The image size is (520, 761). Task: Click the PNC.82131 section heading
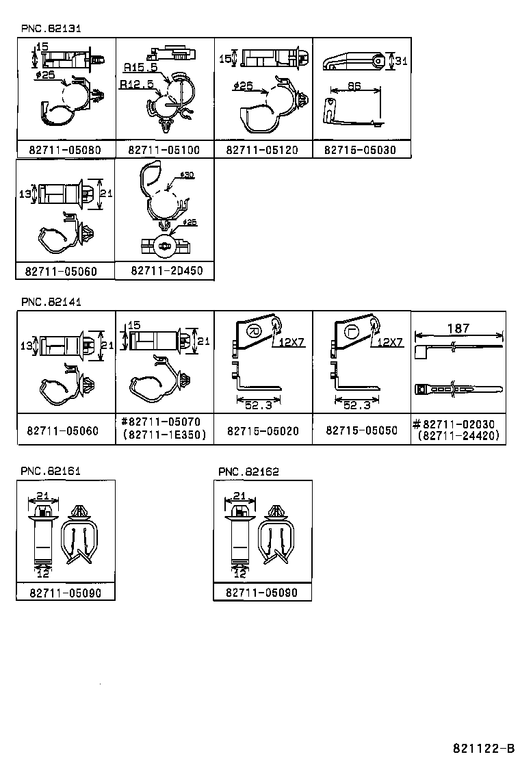point(51,28)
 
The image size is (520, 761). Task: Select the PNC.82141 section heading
point(51,301)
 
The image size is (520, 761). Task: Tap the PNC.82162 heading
point(248,472)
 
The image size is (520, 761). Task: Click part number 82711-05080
point(66,150)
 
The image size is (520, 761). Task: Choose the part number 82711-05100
point(164,150)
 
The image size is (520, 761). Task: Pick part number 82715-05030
point(361,150)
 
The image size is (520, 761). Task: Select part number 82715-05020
point(263,431)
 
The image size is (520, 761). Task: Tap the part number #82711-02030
point(458,424)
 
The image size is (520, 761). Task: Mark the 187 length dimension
point(458,328)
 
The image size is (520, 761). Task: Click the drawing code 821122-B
point(483,748)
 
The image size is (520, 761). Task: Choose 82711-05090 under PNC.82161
point(66,593)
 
